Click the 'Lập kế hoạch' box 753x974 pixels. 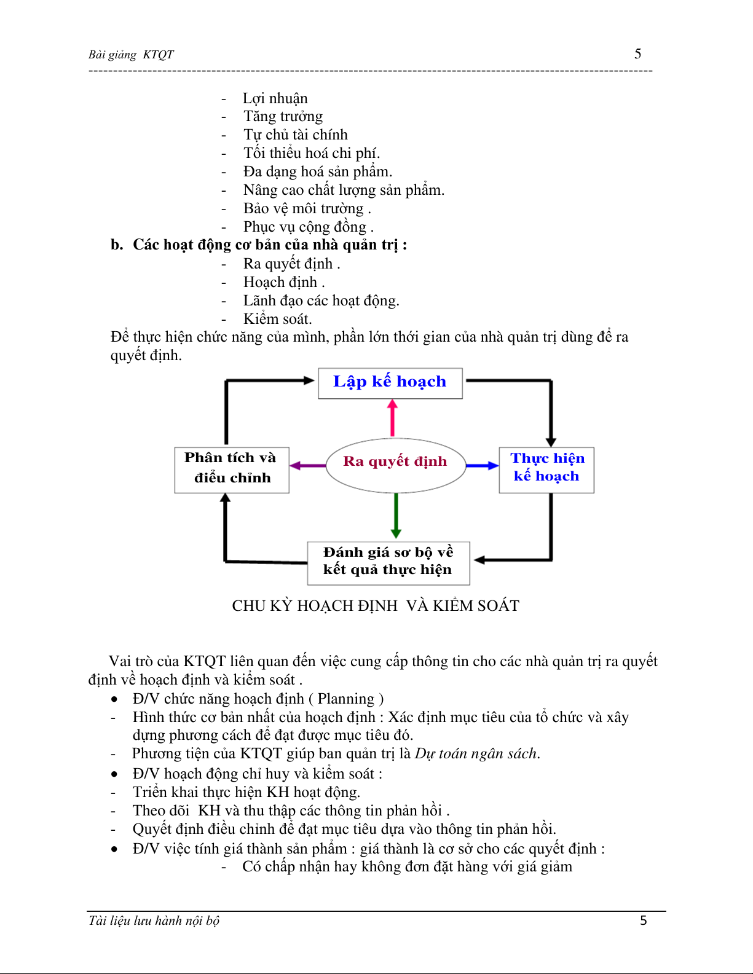click(390, 383)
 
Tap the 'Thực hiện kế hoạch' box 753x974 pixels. click(546, 469)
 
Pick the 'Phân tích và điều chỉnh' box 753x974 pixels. click(232, 469)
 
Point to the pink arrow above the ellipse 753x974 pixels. click(392, 418)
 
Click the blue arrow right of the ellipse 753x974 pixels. click(482, 466)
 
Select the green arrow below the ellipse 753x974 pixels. click(396, 515)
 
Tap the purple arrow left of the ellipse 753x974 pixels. click(307, 466)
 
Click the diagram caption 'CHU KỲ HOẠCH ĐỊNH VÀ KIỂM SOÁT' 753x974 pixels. click(376, 606)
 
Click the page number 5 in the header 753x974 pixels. click(638, 54)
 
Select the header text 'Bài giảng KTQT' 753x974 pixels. click(131, 55)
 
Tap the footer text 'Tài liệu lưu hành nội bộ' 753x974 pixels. click(154, 921)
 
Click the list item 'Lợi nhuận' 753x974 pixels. click(275, 98)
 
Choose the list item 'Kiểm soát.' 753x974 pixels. click(277, 319)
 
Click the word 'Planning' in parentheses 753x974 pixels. click(345, 699)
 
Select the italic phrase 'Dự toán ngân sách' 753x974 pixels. click(476, 754)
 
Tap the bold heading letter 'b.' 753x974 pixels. click(117, 245)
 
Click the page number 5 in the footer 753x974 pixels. click(644, 921)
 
